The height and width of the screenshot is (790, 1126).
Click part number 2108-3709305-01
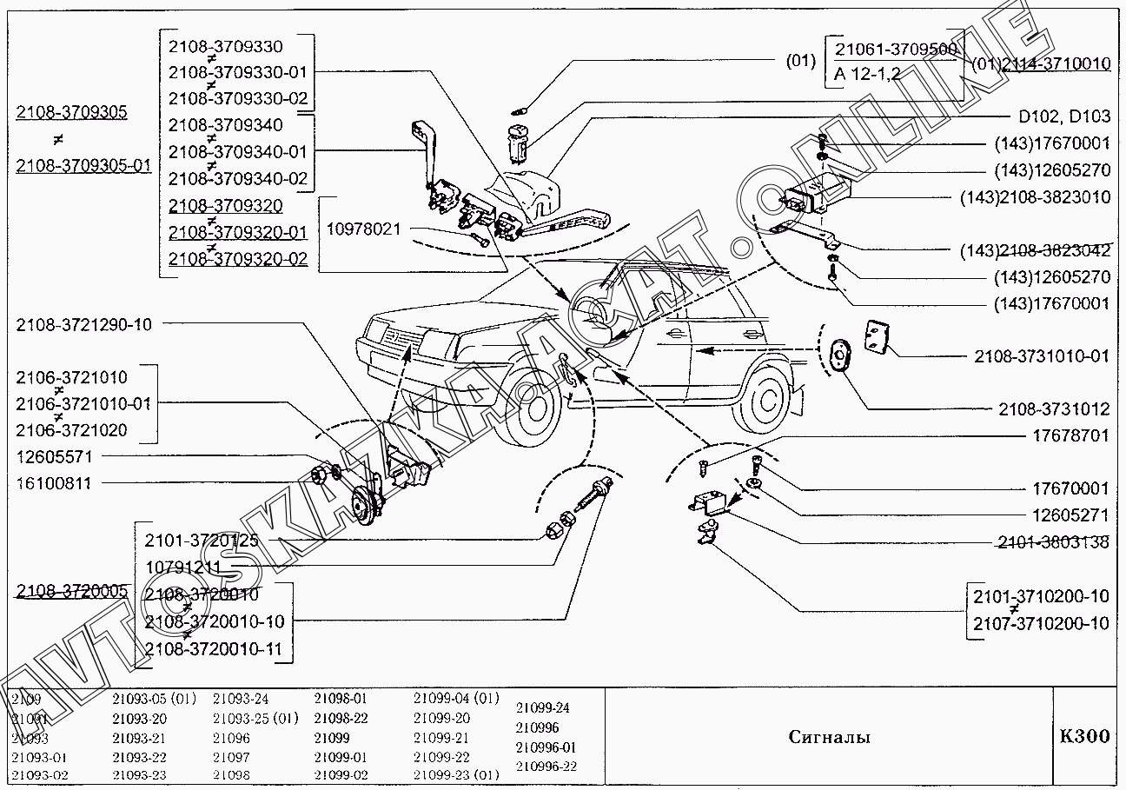[x=83, y=166]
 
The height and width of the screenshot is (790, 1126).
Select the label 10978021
[x=363, y=229]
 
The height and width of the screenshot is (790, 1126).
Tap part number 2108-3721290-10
[x=83, y=325]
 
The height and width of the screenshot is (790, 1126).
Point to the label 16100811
[x=53, y=483]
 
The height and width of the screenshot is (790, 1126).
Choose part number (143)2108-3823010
[x=1035, y=197]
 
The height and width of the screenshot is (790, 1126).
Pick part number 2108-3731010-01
[x=1041, y=356]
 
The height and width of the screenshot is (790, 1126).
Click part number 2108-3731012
[x=1053, y=408]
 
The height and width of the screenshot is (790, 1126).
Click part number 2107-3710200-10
[x=1040, y=623]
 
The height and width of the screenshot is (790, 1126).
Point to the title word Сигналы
[x=829, y=738]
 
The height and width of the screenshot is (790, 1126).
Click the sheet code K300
[x=1084, y=737]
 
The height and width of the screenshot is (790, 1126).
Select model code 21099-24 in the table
[x=543, y=707]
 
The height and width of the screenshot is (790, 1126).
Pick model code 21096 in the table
[x=231, y=738]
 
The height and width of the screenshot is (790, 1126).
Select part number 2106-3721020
[x=71, y=430]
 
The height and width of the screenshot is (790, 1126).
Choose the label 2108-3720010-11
[x=213, y=648]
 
